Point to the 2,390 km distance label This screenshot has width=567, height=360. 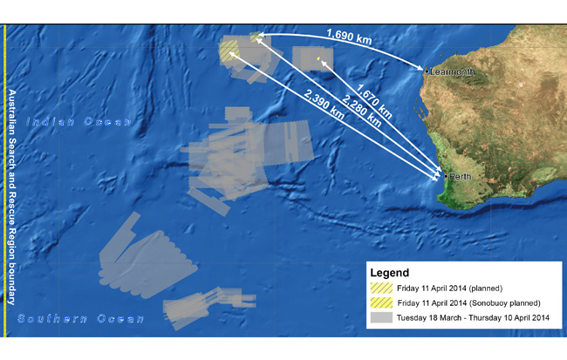click(x=324, y=105)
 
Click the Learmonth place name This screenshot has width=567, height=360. click(x=451, y=71)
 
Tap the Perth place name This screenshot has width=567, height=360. click(x=461, y=177)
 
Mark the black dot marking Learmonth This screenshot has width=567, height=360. click(x=426, y=71)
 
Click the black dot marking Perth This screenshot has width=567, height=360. click(x=446, y=177)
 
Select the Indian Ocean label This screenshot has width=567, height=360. click(x=79, y=122)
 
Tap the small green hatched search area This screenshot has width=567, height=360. click(x=256, y=37)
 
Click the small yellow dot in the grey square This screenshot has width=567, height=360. click(x=319, y=60)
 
